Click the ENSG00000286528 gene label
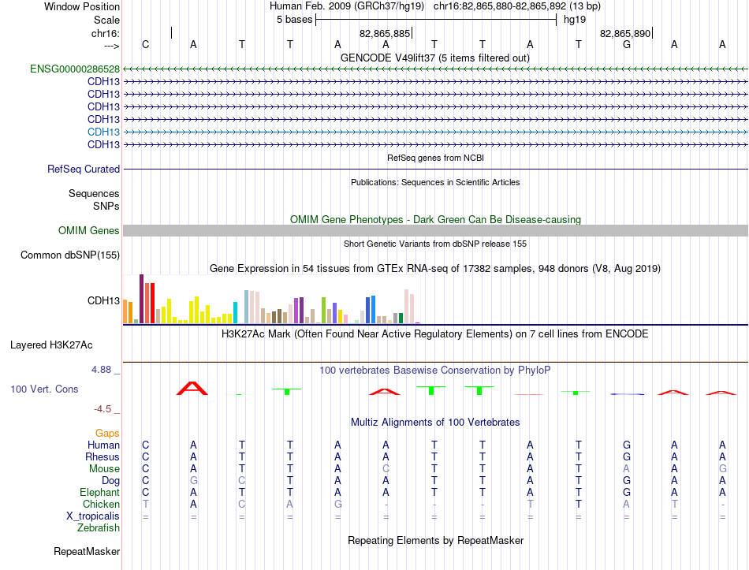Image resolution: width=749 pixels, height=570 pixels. (x=75, y=69)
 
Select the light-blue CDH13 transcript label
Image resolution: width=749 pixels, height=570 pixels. (x=103, y=132)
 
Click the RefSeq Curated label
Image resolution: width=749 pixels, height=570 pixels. (x=83, y=170)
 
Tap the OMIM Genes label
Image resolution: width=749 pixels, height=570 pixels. (x=88, y=230)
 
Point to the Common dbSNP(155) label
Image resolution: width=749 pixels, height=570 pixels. (x=69, y=255)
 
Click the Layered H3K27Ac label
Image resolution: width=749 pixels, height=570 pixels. (x=51, y=345)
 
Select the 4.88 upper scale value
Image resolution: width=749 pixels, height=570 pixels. (x=101, y=370)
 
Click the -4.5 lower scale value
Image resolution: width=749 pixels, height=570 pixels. (x=102, y=409)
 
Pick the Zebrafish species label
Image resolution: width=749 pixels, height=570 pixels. (x=99, y=528)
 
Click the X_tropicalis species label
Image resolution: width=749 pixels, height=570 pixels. (x=93, y=516)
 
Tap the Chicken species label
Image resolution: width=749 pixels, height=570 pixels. (x=101, y=504)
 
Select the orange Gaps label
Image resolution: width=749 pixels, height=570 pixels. (x=107, y=434)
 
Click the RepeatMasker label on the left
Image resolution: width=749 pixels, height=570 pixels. (x=87, y=551)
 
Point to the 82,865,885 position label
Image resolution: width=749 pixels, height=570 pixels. (x=385, y=33)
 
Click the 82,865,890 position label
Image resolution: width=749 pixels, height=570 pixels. (x=624, y=33)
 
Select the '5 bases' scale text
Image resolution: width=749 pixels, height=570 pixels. (x=294, y=20)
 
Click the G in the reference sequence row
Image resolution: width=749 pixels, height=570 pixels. (x=627, y=44)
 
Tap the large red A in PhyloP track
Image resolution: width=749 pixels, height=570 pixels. (x=192, y=389)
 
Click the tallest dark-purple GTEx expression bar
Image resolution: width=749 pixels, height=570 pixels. (x=141, y=299)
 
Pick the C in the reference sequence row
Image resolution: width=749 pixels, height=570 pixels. (x=146, y=44)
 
